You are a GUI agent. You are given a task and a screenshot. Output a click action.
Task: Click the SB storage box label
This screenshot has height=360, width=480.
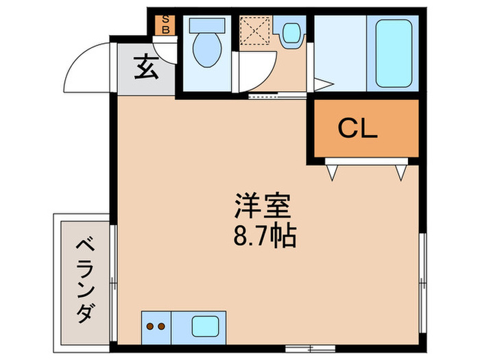[166, 25]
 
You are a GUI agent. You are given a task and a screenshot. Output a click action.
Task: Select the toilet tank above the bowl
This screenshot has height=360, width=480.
[207, 25]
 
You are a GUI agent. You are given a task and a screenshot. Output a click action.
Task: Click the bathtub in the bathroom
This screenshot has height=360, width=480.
[394, 53]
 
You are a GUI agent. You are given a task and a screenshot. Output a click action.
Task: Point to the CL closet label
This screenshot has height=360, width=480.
[357, 129]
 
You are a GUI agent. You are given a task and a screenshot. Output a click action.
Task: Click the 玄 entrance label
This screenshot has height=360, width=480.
[146, 67]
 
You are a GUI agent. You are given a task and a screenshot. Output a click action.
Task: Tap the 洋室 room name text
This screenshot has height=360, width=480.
[263, 206]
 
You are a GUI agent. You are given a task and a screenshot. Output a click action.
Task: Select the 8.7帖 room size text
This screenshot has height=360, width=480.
[265, 237]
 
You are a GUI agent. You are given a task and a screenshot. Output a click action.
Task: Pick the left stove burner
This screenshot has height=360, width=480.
[150, 326]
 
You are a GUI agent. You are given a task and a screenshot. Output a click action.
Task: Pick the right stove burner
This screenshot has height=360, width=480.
[161, 326]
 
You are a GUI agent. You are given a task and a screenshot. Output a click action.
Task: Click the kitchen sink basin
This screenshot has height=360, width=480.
[205, 326]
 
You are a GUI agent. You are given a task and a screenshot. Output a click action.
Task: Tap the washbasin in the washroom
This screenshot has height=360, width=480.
[291, 33]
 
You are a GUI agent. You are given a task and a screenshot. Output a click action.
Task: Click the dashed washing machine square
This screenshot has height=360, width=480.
[255, 31]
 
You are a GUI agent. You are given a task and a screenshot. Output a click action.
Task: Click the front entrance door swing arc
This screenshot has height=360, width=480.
[77, 58]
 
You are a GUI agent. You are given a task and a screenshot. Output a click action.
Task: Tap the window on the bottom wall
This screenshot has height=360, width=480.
[310, 348]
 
